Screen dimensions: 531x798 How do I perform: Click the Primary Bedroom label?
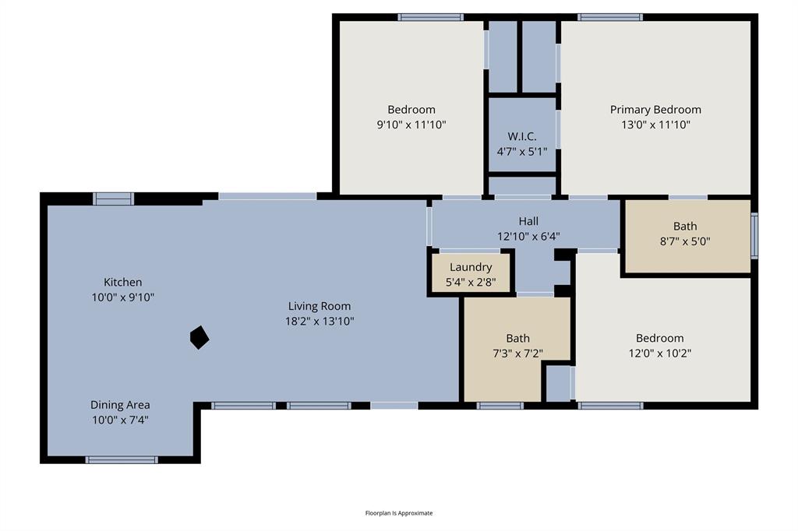click(655, 110)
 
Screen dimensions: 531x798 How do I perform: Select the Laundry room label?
click(471, 267)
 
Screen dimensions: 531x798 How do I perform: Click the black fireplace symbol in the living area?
click(199, 337)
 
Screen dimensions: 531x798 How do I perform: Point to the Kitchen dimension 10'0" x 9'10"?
click(123, 297)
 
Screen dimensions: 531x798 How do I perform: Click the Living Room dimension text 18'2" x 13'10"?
click(320, 321)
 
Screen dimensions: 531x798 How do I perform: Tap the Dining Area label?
click(120, 405)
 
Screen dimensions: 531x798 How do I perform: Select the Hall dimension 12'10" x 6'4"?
click(528, 236)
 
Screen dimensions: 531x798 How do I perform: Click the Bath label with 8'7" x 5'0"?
click(685, 227)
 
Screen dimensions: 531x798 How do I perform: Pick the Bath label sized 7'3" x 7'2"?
click(517, 338)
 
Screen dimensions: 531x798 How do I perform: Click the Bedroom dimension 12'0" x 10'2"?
click(659, 353)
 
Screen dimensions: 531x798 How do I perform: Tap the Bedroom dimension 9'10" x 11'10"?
click(411, 125)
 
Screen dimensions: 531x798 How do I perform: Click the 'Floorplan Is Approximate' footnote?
click(399, 513)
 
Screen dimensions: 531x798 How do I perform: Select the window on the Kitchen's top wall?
click(114, 199)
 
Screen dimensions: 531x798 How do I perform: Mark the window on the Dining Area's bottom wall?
click(122, 460)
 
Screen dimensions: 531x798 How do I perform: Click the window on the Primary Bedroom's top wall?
click(610, 17)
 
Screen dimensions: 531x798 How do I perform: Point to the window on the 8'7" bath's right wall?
click(754, 236)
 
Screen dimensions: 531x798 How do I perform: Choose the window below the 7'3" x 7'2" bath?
click(500, 406)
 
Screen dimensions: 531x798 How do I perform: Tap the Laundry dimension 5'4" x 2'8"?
click(471, 282)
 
